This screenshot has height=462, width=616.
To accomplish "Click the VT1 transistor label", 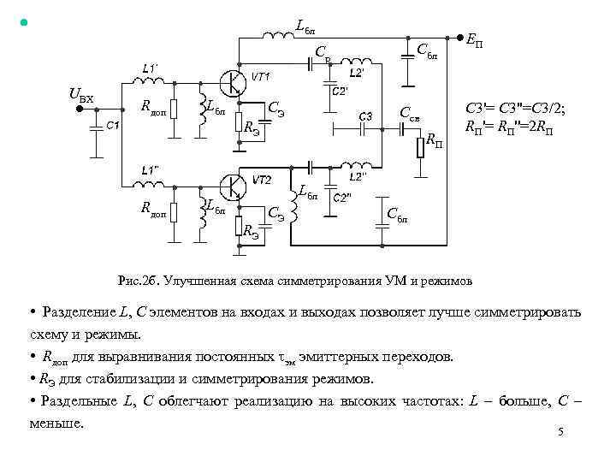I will click(x=261, y=76).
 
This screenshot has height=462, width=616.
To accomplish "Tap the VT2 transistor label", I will click(x=261, y=181).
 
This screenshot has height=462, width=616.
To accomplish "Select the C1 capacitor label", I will click(x=113, y=125).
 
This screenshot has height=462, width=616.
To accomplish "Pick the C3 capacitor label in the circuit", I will click(x=365, y=115).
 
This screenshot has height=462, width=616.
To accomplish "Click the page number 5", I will click(x=560, y=432).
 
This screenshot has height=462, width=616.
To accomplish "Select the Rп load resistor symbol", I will click(x=420, y=147).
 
